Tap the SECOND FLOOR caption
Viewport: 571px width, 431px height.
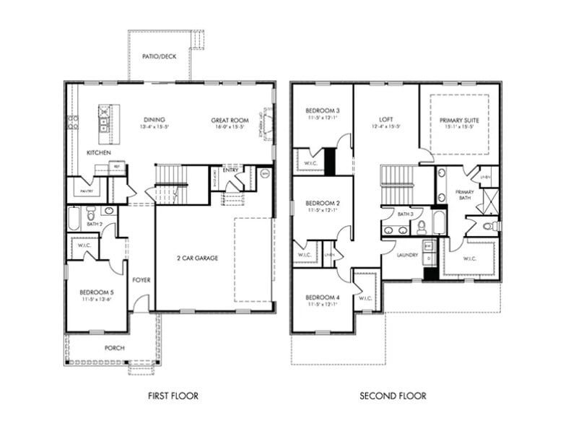point(393,396)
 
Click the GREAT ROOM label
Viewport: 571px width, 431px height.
point(230,121)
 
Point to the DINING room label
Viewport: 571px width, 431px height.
point(154,120)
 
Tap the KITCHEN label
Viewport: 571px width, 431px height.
point(98,153)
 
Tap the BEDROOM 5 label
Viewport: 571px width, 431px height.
point(96,292)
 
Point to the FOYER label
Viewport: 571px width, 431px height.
point(141,280)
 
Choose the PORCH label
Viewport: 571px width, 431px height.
point(114,348)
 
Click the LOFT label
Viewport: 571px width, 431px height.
point(385,120)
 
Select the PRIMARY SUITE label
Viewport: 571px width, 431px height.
point(459,121)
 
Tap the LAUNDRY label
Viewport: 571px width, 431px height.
point(407,255)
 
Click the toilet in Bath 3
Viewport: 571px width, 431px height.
point(422,227)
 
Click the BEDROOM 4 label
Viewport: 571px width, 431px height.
point(321,297)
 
